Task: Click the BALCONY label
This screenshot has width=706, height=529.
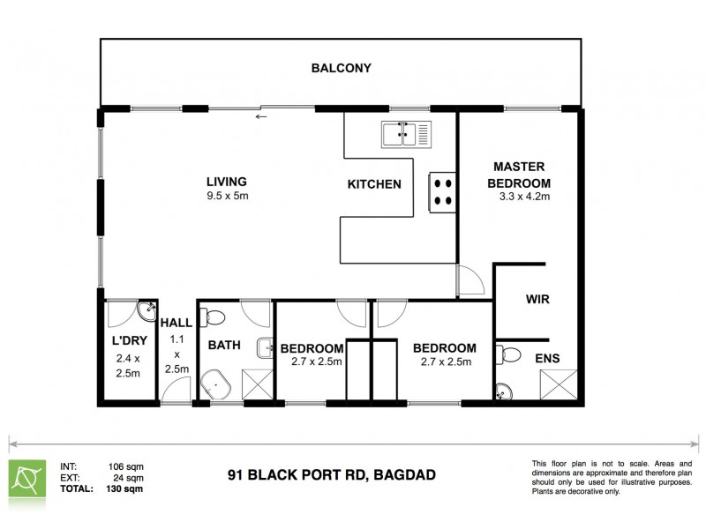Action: pyautogui.click(x=341, y=68)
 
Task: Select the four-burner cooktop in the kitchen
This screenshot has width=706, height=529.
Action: pyautogui.click(x=442, y=192)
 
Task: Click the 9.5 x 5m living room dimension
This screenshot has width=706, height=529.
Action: pyautogui.click(x=227, y=197)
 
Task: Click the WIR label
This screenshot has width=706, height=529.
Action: pyautogui.click(x=537, y=300)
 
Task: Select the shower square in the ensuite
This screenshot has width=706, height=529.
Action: pyautogui.click(x=561, y=385)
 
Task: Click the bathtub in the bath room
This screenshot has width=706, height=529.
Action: pyautogui.click(x=217, y=385)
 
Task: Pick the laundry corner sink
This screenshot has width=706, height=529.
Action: pyautogui.click(x=145, y=311)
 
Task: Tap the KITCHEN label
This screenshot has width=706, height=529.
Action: pyautogui.click(x=374, y=184)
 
